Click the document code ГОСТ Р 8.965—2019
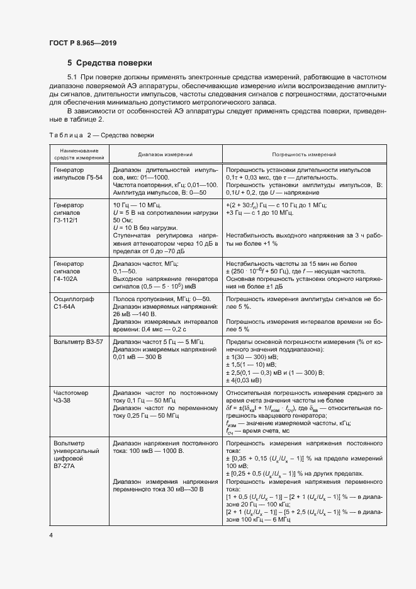(82, 43)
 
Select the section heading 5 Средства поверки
(110, 63)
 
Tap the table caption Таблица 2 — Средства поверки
(101, 135)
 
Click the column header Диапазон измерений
(166, 154)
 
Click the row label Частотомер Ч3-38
(71, 396)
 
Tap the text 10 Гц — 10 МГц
(137, 205)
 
